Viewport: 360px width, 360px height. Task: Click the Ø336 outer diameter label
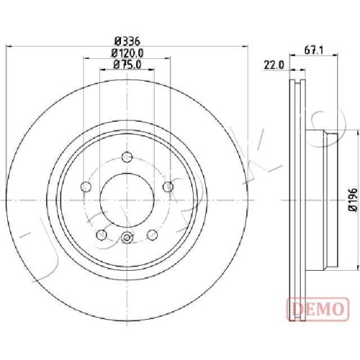[x=127, y=41]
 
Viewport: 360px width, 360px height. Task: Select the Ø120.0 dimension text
[x=127, y=53]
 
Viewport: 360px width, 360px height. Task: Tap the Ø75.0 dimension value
[x=127, y=64]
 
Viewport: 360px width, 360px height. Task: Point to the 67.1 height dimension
[x=314, y=50]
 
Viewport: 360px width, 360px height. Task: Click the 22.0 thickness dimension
[x=274, y=65]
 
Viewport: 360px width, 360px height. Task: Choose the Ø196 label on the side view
[x=352, y=199]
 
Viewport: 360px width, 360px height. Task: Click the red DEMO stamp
[x=318, y=309]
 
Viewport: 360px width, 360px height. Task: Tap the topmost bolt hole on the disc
[x=127, y=158]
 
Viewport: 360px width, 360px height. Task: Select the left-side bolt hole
[x=86, y=186]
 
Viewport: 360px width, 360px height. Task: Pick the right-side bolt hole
[x=168, y=186]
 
